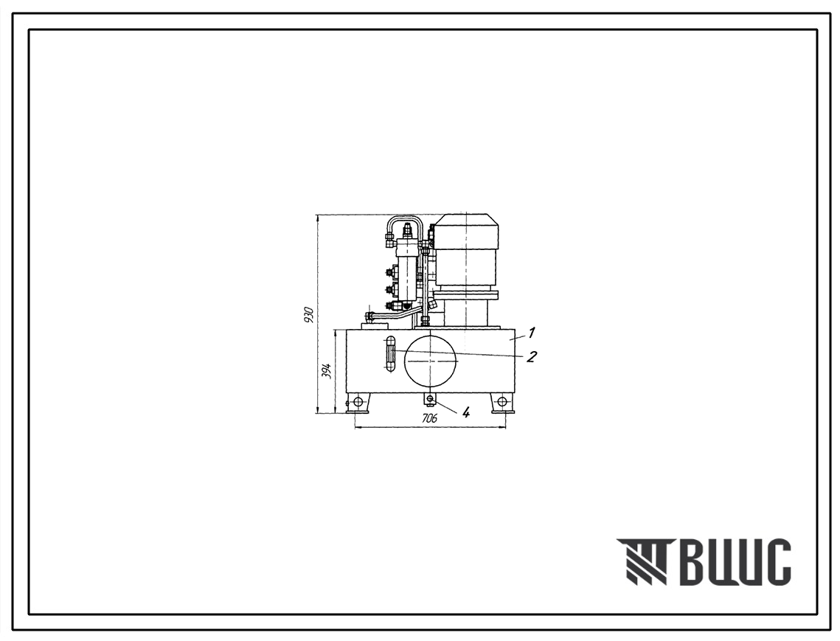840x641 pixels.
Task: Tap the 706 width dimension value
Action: coord(430,418)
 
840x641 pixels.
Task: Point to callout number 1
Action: coord(531,333)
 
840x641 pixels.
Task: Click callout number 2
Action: coord(531,356)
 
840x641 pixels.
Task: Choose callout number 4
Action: coord(466,412)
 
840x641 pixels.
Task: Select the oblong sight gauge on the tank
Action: coord(389,354)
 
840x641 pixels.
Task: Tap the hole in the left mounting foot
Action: coord(358,401)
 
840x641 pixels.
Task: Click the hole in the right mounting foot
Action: coord(502,401)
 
